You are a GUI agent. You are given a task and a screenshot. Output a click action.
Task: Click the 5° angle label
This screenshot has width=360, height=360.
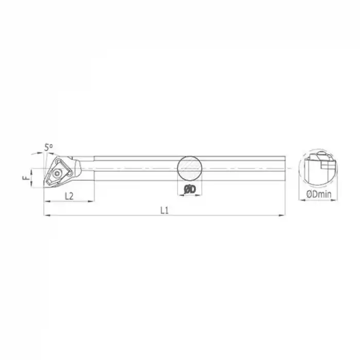click(x=49, y=148)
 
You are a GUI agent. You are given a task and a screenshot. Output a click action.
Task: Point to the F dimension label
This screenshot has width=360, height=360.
click(x=24, y=178)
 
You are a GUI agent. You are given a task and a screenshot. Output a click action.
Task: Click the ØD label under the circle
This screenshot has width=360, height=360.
click(x=189, y=190)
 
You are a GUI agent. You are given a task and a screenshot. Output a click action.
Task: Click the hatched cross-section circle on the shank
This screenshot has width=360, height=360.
click(x=189, y=168)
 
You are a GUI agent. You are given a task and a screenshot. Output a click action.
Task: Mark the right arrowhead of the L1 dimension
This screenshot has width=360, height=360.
click(x=284, y=215)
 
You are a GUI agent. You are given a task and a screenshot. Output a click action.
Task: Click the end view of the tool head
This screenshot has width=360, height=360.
click(x=317, y=168)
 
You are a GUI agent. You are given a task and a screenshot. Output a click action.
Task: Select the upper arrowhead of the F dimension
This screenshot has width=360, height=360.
click(x=31, y=170)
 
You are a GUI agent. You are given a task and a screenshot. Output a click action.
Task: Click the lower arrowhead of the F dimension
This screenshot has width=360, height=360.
click(x=31, y=186)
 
